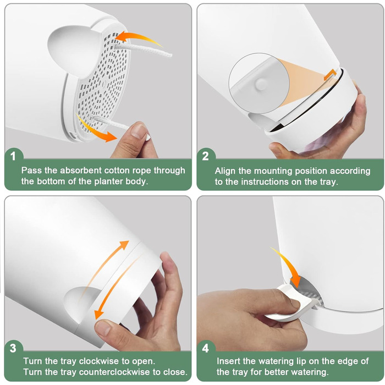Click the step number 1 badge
click(13, 156)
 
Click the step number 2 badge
click(206, 156)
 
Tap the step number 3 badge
click(13, 348)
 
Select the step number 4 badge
click(206, 348)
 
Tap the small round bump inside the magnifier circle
click(261, 84)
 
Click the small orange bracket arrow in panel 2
click(329, 75)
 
